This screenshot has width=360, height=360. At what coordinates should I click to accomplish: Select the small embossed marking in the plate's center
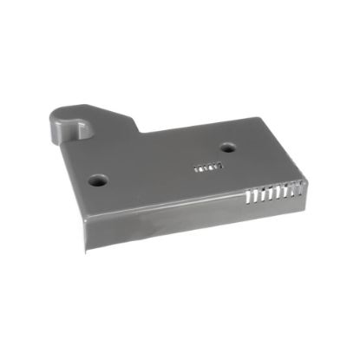click(209, 166)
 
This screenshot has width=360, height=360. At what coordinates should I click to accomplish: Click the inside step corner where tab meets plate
click(141, 134)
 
